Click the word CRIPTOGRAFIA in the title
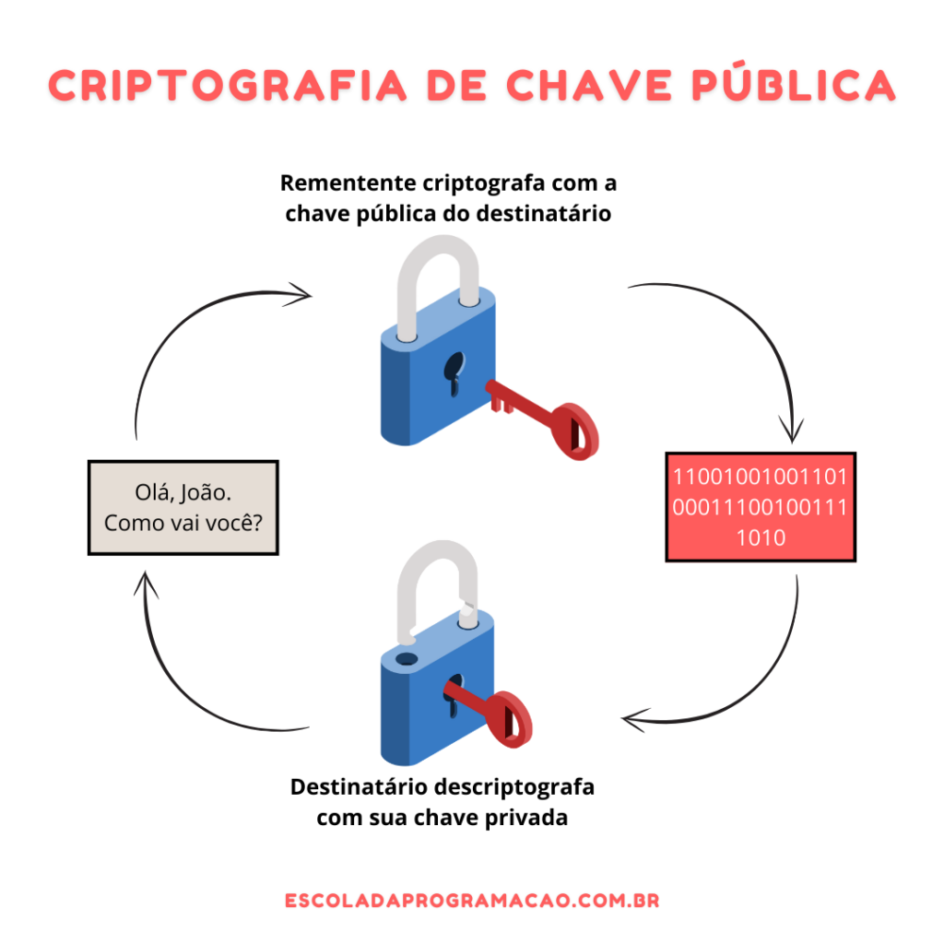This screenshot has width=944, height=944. click(x=228, y=86)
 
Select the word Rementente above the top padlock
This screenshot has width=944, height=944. click(x=348, y=183)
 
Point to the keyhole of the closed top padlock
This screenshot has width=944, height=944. click(x=454, y=373)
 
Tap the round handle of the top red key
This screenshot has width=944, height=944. click(x=575, y=431)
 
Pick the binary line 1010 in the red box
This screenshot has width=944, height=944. click(x=761, y=537)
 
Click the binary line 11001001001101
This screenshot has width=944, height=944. click(x=761, y=477)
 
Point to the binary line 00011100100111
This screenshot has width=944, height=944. click(x=761, y=508)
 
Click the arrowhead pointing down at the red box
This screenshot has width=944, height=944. click(x=792, y=430)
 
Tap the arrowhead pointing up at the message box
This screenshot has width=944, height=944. click(x=146, y=584)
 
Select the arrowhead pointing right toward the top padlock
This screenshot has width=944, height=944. click(x=299, y=294)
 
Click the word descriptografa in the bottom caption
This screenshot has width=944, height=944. click(x=514, y=787)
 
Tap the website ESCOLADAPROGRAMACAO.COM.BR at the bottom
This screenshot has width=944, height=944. click(x=472, y=901)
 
